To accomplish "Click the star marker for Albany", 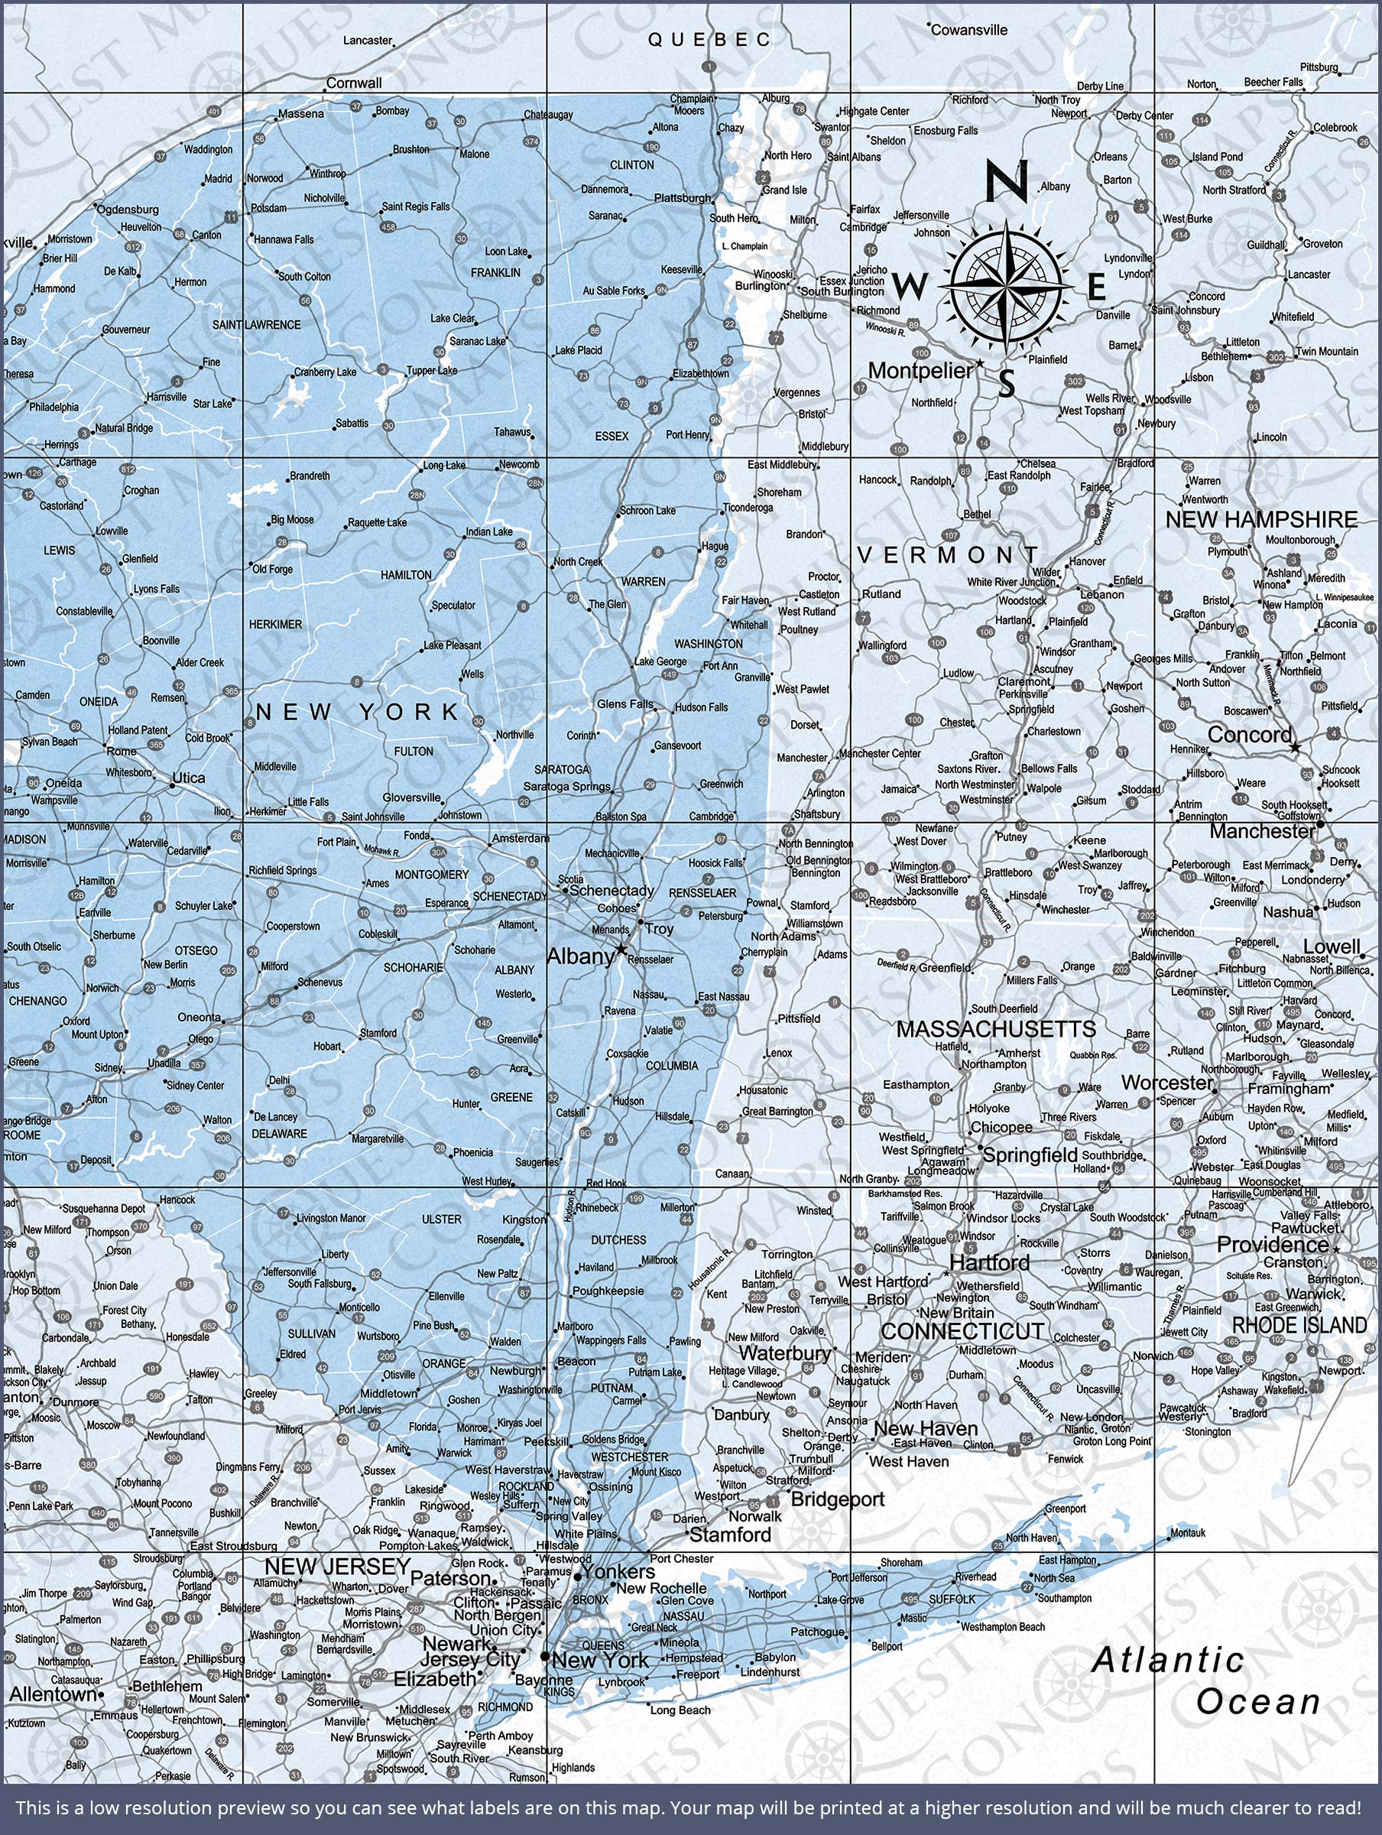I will click(621, 948).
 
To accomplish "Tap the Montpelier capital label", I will click(919, 371).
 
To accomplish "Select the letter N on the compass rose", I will click(1007, 180).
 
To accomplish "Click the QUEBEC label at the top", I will click(709, 40).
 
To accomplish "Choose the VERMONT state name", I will click(947, 555).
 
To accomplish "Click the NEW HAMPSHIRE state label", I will click(1261, 520).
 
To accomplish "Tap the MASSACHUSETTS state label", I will click(995, 1029).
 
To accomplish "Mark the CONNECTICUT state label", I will click(962, 1331).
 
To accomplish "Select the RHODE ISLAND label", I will click(1299, 1326).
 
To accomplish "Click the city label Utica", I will click(187, 779).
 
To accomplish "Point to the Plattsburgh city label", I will click(682, 198).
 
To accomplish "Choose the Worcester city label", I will click(1167, 1083).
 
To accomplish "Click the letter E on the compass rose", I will click(1096, 287).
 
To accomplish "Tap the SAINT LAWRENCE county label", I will click(256, 325).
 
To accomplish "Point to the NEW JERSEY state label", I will click(337, 1566).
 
